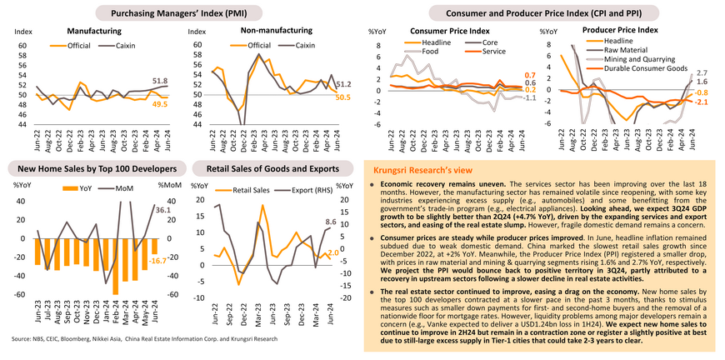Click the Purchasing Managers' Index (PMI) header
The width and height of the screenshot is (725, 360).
click(177, 13)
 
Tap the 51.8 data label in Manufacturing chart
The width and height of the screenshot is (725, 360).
click(160, 81)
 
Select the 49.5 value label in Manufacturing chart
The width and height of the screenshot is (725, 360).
click(160, 104)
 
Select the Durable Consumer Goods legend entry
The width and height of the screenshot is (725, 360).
click(645, 68)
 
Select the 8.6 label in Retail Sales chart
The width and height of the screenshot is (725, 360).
click(331, 222)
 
